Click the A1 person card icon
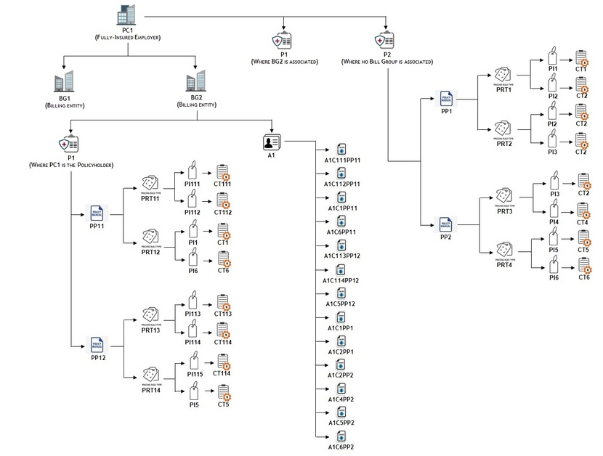click(273, 142)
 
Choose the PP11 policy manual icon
click(97, 212)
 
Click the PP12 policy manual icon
click(97, 343)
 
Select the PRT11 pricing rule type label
click(151, 198)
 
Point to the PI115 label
click(194, 374)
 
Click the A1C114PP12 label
click(342, 280)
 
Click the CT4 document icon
click(583, 211)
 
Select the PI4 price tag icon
click(554, 210)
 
